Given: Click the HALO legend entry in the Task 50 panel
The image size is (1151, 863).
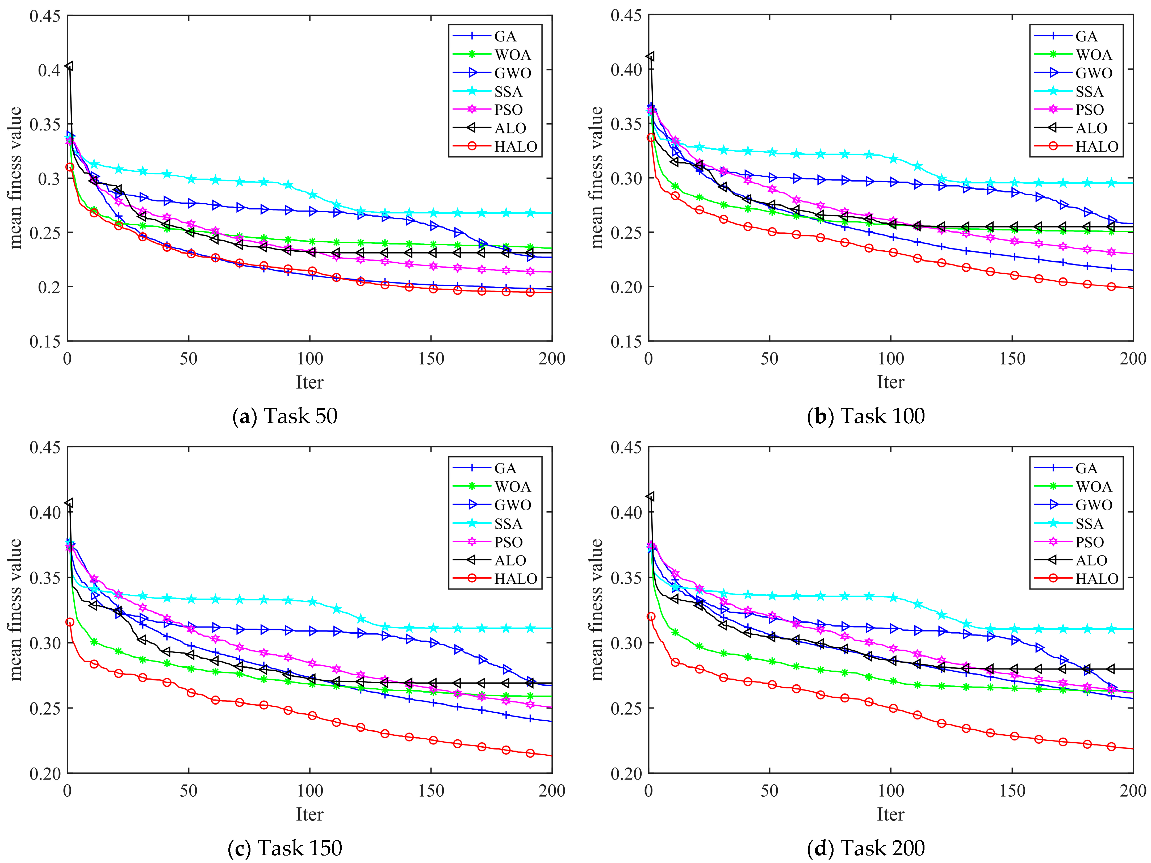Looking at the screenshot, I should point(515,147).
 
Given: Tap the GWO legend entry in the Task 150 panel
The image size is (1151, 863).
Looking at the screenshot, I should point(513,505).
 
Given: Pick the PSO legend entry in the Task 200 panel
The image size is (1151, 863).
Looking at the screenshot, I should point(1090,542).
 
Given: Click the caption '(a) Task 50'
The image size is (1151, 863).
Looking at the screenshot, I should point(285,416).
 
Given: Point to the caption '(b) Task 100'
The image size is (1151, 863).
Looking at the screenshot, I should point(866,416).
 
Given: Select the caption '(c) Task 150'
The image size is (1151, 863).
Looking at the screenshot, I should point(285,848).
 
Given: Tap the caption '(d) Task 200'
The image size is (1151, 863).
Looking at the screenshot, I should point(866,848).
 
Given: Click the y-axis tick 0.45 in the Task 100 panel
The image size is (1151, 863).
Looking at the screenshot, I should point(626,16).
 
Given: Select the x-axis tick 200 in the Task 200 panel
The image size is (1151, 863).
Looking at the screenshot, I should point(1133,791).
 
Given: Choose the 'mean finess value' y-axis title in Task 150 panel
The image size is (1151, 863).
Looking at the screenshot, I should point(16,610).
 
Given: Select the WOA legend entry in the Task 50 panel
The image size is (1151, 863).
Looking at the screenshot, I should point(513,55).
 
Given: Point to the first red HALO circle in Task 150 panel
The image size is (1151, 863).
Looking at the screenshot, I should point(70,622).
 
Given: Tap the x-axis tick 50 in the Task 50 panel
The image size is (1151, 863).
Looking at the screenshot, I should point(188,359).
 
